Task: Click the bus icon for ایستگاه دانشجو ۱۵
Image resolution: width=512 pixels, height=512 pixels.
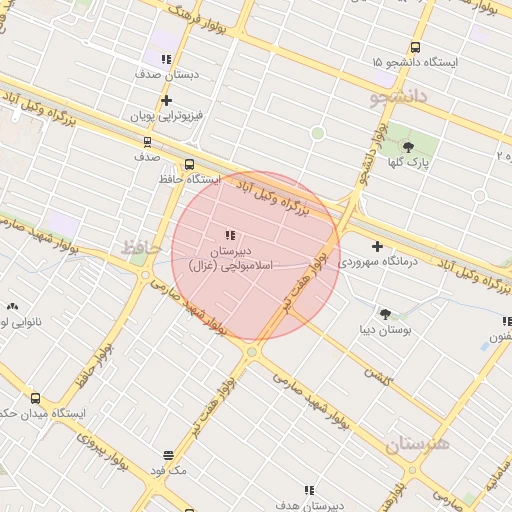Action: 415,47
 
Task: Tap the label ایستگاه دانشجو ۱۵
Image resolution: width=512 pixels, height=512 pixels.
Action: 414,62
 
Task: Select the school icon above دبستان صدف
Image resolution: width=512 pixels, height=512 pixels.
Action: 166,59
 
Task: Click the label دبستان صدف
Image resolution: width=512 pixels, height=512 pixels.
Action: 167,74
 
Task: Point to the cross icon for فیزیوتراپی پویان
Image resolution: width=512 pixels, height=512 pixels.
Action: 166,100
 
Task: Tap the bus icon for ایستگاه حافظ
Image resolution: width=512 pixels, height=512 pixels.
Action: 189,165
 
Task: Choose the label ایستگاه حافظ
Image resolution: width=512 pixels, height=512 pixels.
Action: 189,179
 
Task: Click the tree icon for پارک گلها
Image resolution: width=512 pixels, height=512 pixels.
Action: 408,148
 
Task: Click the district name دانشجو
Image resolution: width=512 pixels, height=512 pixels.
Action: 398,96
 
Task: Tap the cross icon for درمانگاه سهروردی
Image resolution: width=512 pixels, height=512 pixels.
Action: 377,246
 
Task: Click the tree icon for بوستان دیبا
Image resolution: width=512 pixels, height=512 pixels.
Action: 385,313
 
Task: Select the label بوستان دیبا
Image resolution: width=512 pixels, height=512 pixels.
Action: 386,328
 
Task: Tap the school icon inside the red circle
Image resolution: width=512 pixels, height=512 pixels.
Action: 231,235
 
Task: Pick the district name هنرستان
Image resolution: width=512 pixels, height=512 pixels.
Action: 418,442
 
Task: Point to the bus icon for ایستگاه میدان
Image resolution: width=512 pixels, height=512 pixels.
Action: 36,398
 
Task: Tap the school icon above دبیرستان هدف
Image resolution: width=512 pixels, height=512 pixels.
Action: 309,491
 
